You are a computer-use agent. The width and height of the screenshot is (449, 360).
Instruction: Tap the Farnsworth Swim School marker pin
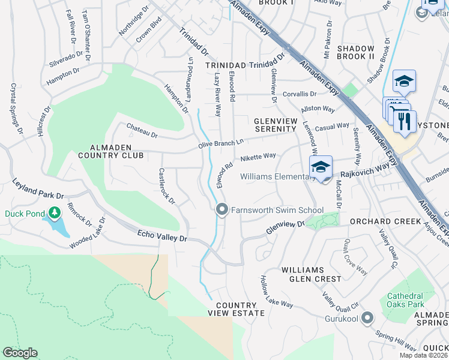[x=221, y=209]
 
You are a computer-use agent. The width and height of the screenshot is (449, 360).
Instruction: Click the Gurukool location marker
[x=367, y=318]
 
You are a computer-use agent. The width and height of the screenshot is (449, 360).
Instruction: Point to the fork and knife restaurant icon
[x=405, y=122]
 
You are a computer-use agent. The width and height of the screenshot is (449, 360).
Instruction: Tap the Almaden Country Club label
[x=108, y=151]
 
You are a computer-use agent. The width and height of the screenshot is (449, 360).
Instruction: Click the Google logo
[x=20, y=353]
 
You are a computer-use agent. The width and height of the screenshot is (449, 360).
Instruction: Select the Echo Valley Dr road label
[x=162, y=236]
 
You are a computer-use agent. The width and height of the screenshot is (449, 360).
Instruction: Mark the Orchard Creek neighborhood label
[x=386, y=221]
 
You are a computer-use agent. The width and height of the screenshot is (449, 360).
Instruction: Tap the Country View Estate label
[x=236, y=309]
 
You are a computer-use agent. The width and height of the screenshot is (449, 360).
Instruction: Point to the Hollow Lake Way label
[x=276, y=292]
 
